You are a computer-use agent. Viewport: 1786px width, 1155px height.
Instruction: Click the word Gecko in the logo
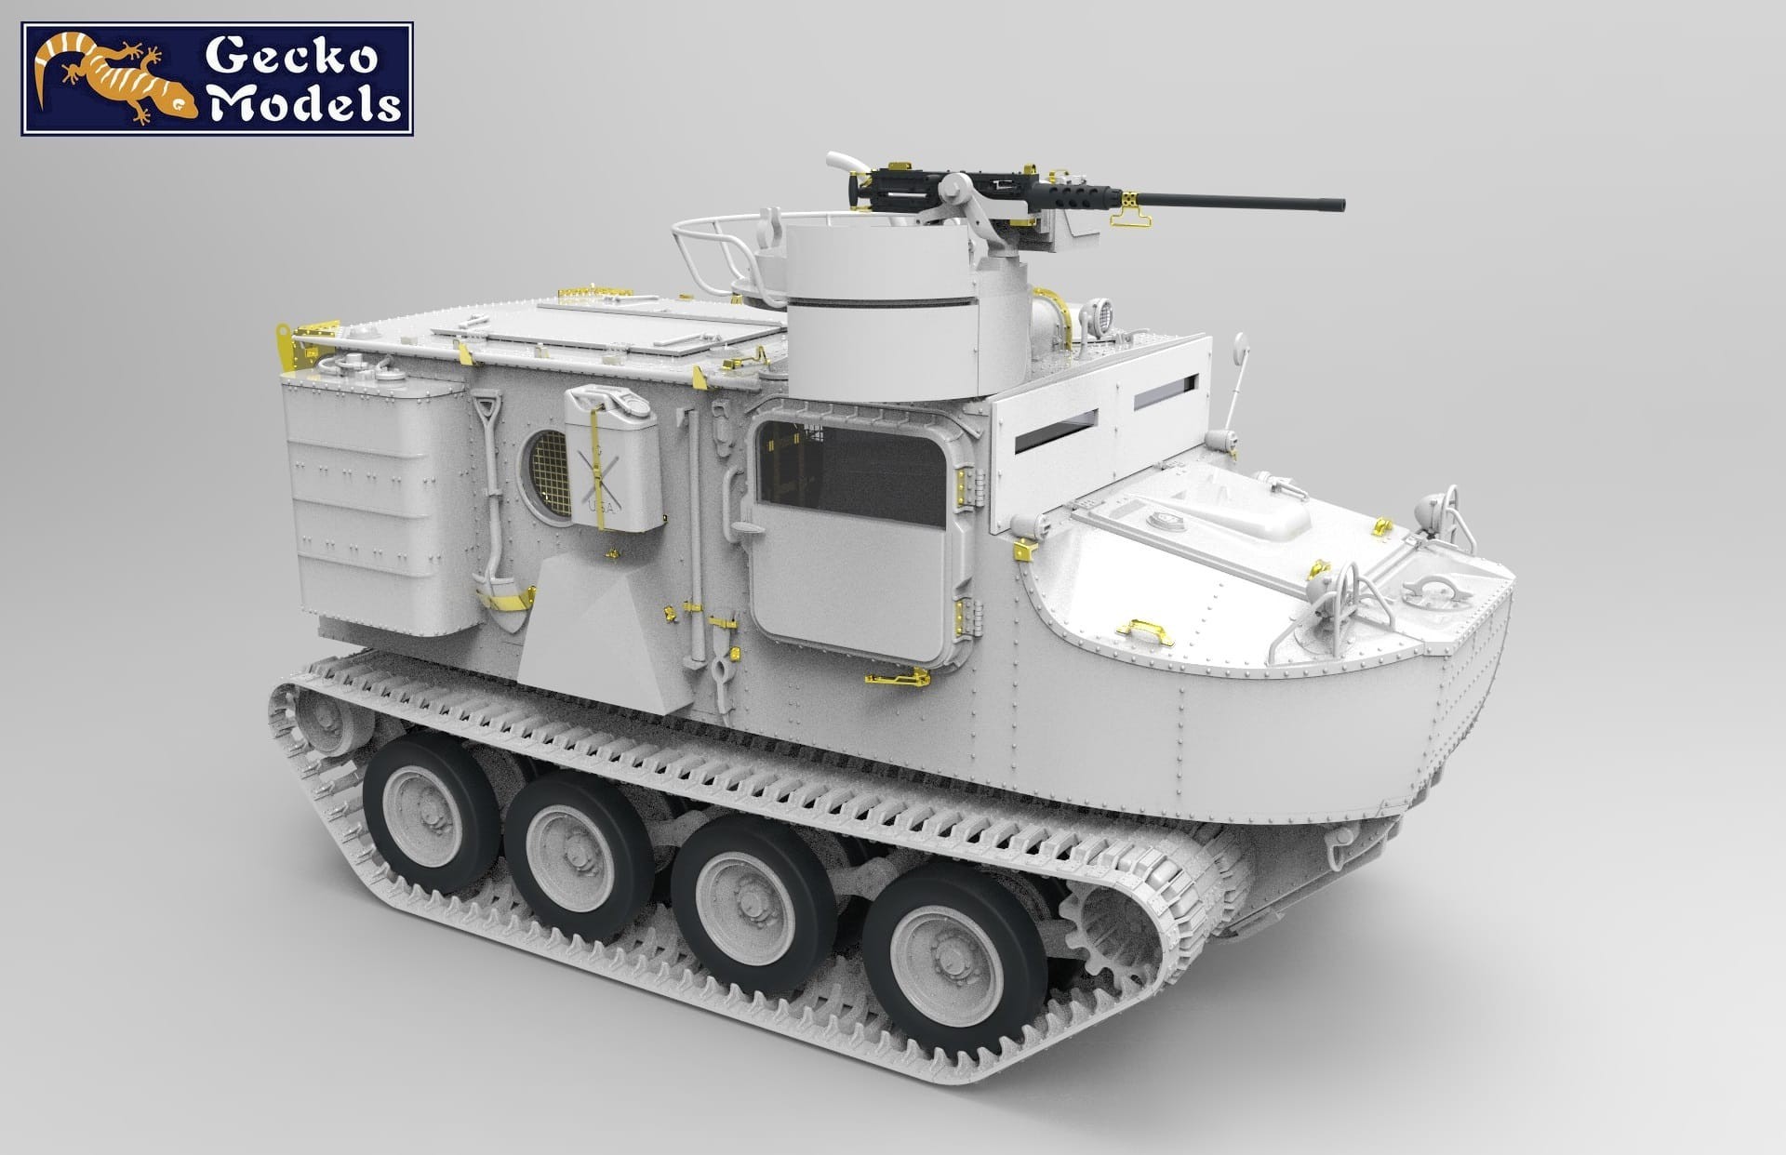[291, 58]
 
